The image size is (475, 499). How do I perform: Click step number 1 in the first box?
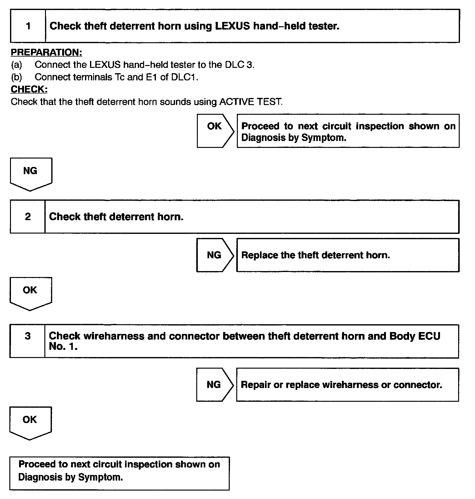[x=28, y=26]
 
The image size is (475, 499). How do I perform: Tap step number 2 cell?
[x=28, y=217]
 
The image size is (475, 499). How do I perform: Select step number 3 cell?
[x=27, y=336]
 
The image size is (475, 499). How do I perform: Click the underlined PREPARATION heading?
[x=46, y=52]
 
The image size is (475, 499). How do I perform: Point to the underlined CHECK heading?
[x=29, y=89]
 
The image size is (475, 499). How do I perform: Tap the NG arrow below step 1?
[x=31, y=174]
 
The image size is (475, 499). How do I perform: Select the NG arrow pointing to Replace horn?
[x=215, y=255]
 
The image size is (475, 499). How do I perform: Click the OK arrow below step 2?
[x=30, y=293]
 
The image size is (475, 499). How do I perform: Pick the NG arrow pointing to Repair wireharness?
[x=214, y=385]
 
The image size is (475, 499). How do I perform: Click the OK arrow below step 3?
[x=30, y=423]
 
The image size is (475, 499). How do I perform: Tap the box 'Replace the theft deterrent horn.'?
[x=347, y=255]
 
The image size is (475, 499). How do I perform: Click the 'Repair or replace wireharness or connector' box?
[x=347, y=385]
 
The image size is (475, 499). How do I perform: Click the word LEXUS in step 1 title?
[x=232, y=26]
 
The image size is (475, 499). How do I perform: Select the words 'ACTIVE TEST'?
[x=251, y=102]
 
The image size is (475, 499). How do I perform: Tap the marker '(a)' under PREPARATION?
[x=17, y=65]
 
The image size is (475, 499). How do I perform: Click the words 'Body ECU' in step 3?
[x=415, y=336]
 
